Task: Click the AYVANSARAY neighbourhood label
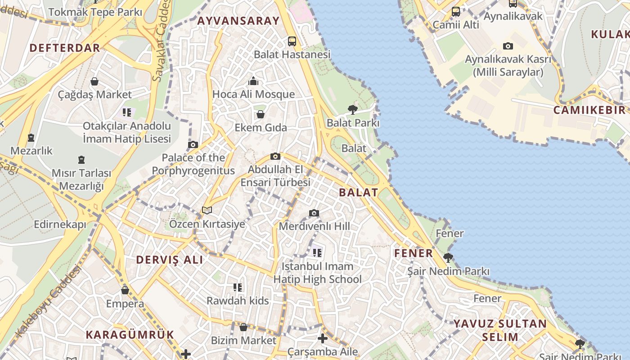tap(238, 21)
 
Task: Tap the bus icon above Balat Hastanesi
tap(292, 41)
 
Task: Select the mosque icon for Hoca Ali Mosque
tap(254, 81)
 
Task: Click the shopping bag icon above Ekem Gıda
tap(261, 114)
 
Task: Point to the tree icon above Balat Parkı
tap(353, 109)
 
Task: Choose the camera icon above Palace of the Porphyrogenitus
tap(193, 144)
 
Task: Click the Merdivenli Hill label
tap(314, 226)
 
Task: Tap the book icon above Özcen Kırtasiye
tap(207, 210)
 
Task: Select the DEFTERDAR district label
tap(64, 48)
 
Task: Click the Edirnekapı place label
tap(60, 224)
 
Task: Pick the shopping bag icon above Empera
tap(125, 290)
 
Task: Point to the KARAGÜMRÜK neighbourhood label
tap(130, 335)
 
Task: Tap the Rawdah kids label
tap(238, 301)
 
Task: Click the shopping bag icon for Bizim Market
tap(243, 327)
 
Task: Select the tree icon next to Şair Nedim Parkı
tap(448, 258)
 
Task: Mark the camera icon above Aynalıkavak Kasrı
tap(508, 46)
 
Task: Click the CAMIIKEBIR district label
tap(589, 110)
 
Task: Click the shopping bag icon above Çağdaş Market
tap(94, 81)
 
